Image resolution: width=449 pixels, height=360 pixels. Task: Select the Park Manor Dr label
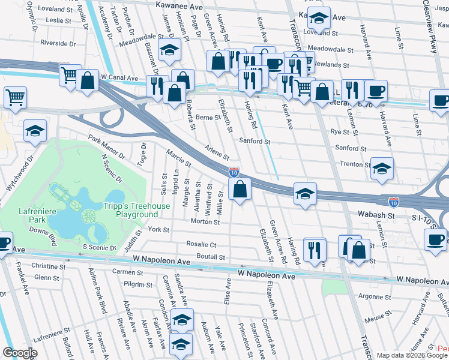106,147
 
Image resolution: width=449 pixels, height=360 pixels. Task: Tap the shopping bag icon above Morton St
240,190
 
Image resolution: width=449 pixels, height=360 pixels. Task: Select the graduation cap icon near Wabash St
305,194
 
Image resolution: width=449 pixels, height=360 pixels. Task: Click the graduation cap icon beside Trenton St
381,169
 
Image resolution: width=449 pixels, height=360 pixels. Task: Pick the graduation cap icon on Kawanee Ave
319,19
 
